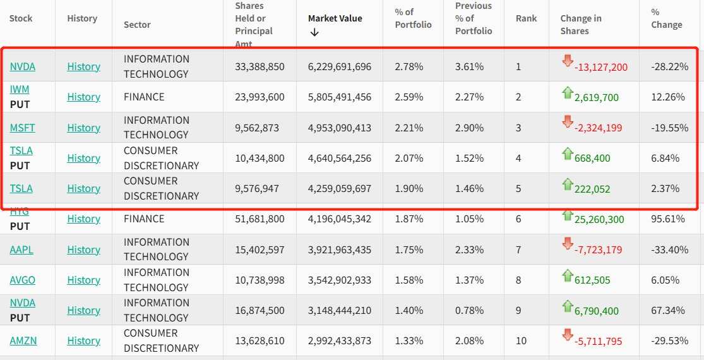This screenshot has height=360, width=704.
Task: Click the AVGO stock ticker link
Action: point(22,280)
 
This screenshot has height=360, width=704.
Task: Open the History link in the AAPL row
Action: point(83,249)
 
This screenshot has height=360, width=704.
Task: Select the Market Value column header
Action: point(335,18)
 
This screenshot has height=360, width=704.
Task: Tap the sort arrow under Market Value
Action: point(314,32)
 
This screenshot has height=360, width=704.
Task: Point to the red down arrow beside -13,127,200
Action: point(567,61)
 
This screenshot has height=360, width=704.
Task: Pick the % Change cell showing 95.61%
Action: point(669,219)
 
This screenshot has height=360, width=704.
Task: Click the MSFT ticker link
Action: point(22,128)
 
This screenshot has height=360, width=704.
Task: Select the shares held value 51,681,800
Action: point(260,219)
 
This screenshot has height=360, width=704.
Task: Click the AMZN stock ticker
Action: point(23,340)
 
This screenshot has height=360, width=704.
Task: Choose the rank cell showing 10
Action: point(521,340)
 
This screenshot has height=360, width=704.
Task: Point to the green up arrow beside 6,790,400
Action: point(567,306)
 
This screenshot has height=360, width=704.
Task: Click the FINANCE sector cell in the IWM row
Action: point(144,97)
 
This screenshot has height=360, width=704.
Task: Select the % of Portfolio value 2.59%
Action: point(409,97)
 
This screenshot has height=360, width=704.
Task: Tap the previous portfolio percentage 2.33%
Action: point(470,249)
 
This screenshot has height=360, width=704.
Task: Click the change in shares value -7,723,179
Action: point(598,250)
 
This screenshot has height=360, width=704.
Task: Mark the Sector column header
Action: point(137,25)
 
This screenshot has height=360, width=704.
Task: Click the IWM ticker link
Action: point(20,90)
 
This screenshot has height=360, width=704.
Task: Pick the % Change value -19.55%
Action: point(670,128)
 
